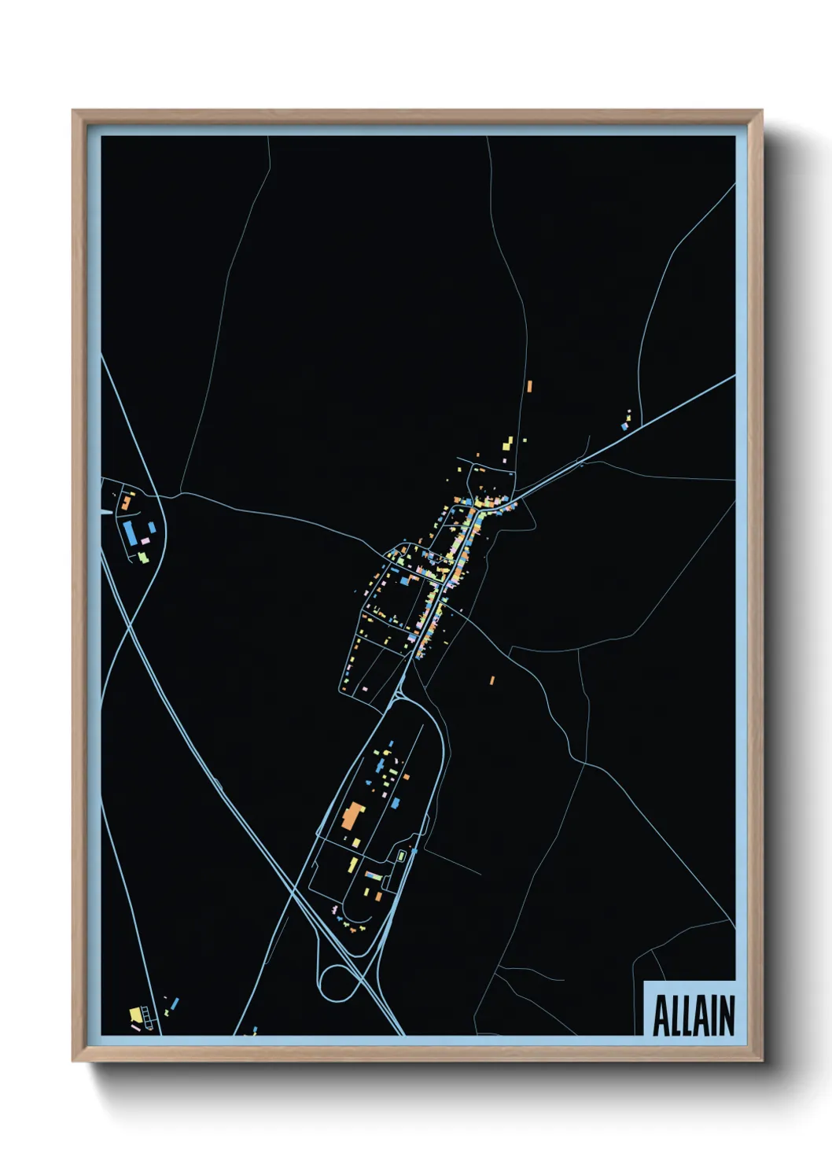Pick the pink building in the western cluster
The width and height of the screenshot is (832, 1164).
pyautogui.click(x=145, y=541)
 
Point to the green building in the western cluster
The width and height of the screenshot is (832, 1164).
pyautogui.click(x=142, y=558)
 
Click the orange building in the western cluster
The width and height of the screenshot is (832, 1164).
pyautogui.click(x=126, y=501)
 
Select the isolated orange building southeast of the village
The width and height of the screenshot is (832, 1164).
pyautogui.click(x=492, y=680)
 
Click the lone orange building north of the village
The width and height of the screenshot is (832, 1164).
pyautogui.click(x=529, y=385)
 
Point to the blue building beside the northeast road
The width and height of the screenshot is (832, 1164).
pyautogui.click(x=624, y=426)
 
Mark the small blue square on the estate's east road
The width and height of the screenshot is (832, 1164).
pyautogui.click(x=414, y=850)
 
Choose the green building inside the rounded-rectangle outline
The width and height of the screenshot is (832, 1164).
pyautogui.click(x=400, y=856)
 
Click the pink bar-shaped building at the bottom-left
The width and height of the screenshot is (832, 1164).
pyautogui.click(x=135, y=1027)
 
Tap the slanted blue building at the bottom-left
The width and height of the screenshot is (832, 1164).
pyautogui.click(x=175, y=1003)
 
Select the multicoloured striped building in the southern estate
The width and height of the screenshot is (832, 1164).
pyautogui.click(x=373, y=875)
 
